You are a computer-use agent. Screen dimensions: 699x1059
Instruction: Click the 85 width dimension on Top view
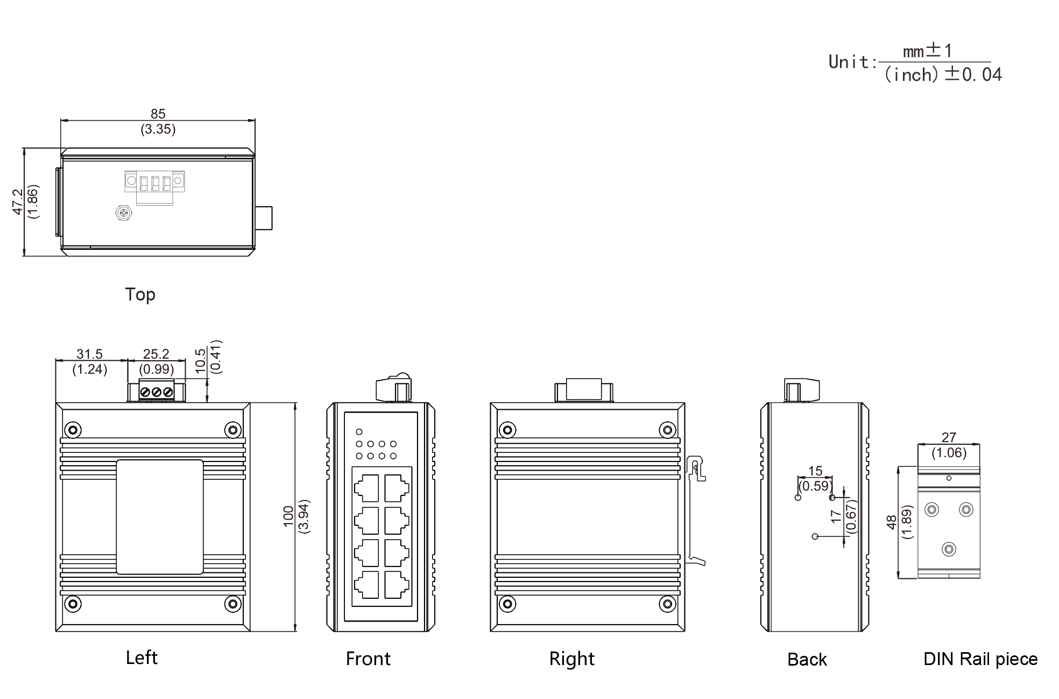pos(158,114)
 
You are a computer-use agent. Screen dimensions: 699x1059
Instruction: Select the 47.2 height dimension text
pos(18,202)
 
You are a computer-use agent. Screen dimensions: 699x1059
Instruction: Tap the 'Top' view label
pos(140,295)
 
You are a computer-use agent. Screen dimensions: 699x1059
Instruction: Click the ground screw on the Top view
pos(124,213)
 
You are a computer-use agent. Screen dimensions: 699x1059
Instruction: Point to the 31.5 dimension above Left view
pos(89,354)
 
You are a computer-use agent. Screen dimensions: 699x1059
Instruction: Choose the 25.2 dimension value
pos(156,354)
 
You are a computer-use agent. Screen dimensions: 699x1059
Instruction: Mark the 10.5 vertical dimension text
pos(200,360)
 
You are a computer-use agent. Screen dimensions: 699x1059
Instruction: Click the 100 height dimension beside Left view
pos(288,516)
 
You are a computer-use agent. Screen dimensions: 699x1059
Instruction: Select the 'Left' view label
pos(142,658)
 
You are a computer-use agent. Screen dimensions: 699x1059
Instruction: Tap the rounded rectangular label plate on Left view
pos(160,516)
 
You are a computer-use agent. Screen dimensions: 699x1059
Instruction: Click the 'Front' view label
pos(368,659)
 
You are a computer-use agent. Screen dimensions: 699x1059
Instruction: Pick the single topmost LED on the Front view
pos(359,432)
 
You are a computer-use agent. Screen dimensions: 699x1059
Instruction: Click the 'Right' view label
pos(571,659)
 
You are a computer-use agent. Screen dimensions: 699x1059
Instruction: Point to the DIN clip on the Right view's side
pos(696,509)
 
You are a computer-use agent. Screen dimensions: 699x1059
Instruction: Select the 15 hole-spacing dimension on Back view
pos(815,471)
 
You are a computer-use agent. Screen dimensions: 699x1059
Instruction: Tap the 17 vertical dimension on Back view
pos(835,516)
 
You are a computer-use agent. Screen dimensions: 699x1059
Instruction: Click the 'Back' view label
pos(807,659)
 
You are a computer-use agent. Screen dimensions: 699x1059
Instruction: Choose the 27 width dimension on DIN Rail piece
pos(949,437)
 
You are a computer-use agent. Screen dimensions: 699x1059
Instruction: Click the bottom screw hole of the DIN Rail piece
pos(949,549)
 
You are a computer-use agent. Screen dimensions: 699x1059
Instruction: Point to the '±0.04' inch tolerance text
pos(974,74)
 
